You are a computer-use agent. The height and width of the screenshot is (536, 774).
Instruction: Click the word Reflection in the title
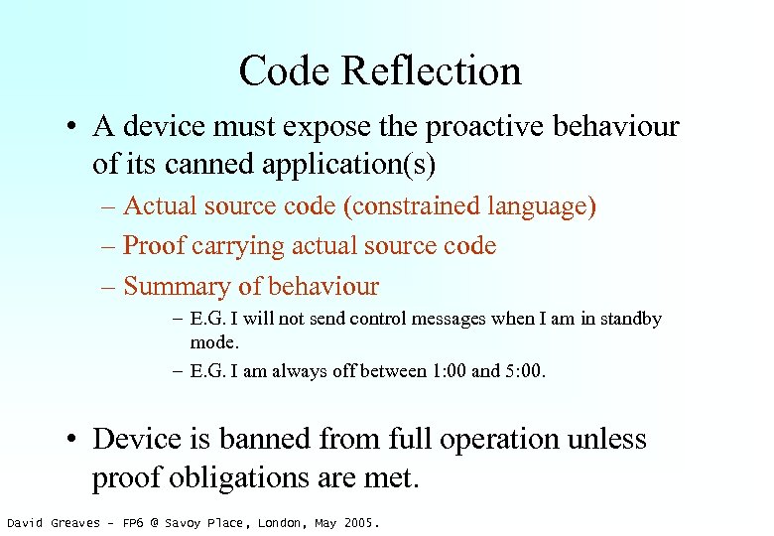[437, 71]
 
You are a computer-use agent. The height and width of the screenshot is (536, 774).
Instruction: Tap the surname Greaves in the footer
[76, 523]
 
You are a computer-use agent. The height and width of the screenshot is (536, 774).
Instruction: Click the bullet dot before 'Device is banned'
[74, 441]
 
